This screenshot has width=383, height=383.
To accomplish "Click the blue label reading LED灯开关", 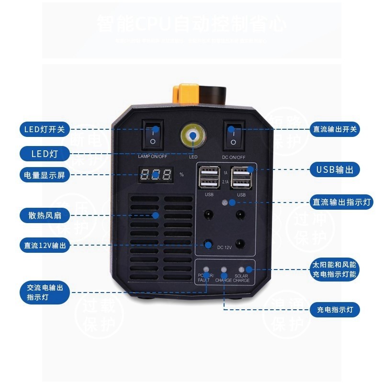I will [x=45, y=129].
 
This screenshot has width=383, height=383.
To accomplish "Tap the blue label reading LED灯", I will [x=45, y=154].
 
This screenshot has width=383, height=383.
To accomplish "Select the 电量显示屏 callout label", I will [x=45, y=175].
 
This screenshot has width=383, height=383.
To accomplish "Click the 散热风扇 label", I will [x=45, y=215].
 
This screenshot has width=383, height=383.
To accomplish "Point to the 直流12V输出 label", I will [x=45, y=246].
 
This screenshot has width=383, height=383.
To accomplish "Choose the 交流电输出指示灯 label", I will [x=45, y=293].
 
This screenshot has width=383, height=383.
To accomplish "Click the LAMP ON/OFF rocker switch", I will [x=153, y=135].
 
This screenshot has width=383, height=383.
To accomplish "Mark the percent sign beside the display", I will [x=181, y=175].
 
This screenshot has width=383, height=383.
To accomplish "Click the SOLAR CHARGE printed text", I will [x=241, y=278].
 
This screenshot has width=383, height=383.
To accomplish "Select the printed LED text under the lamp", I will [x=193, y=157].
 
